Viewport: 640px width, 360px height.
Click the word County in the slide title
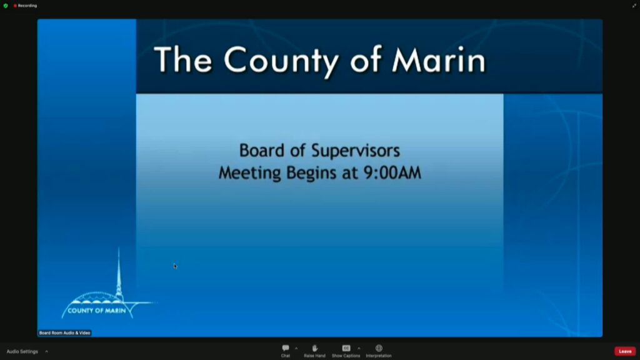click(282, 61)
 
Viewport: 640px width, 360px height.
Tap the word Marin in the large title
click(439, 59)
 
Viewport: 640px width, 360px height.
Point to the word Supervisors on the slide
click(356, 151)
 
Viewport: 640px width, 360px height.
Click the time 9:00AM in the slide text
click(392, 172)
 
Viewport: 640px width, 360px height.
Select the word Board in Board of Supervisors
click(262, 150)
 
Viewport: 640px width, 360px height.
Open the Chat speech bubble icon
click(285, 348)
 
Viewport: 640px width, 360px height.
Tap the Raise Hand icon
click(315, 348)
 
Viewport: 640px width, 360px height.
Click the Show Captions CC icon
click(346, 348)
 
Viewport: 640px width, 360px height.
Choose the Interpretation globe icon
click(379, 348)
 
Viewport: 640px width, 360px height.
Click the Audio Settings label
click(22, 351)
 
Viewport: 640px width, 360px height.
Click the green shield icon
click(6, 6)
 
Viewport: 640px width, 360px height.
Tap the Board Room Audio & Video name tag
click(64, 333)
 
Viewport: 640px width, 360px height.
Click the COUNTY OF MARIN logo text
click(97, 311)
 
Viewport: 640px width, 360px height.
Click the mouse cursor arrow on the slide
click(175, 266)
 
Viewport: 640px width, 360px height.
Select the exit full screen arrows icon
click(634, 6)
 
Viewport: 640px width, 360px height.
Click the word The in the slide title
click(183, 59)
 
